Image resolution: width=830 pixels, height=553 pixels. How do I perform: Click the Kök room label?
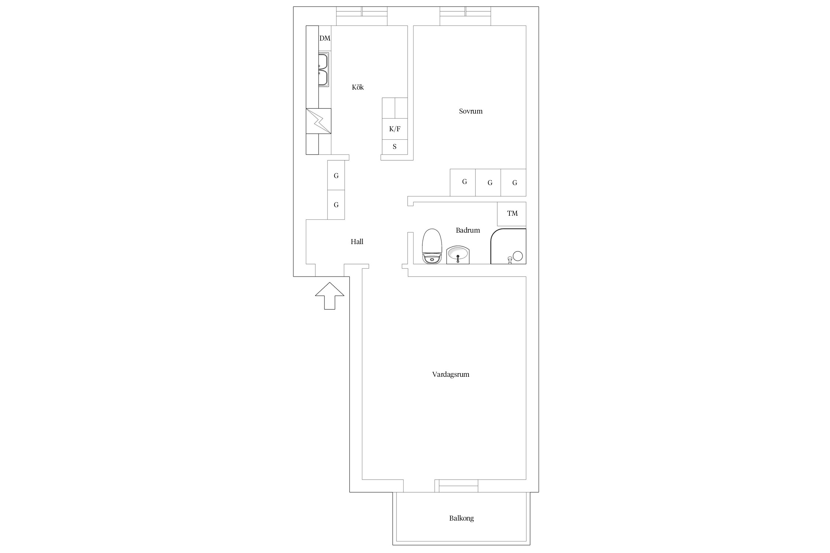tap(358, 87)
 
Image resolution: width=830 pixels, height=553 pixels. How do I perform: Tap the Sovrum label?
tap(471, 111)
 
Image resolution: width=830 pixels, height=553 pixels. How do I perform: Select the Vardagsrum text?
tap(451, 375)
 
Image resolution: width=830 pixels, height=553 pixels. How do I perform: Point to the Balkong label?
tap(461, 518)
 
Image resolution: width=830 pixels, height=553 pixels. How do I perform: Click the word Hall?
tap(357, 242)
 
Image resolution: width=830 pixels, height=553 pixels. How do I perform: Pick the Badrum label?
tap(468, 230)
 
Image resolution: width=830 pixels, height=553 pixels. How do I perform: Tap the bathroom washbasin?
tap(458, 255)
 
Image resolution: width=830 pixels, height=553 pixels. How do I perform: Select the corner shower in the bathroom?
tap(508, 246)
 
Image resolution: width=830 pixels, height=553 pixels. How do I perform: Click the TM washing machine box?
tap(512, 214)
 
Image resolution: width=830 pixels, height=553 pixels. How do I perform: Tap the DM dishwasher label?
tap(325, 38)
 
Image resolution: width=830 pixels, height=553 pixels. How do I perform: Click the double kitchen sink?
tap(66, 70)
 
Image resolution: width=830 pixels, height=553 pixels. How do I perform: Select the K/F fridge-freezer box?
tap(395, 129)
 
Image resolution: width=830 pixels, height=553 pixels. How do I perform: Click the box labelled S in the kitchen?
tap(395, 147)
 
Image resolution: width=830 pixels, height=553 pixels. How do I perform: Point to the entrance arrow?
tap(330, 296)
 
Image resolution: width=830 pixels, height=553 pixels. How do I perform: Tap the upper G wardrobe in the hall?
tap(336, 175)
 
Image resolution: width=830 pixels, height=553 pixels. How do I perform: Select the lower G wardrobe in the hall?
tap(336, 205)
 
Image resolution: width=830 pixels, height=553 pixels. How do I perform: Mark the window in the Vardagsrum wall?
tap(456, 486)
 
